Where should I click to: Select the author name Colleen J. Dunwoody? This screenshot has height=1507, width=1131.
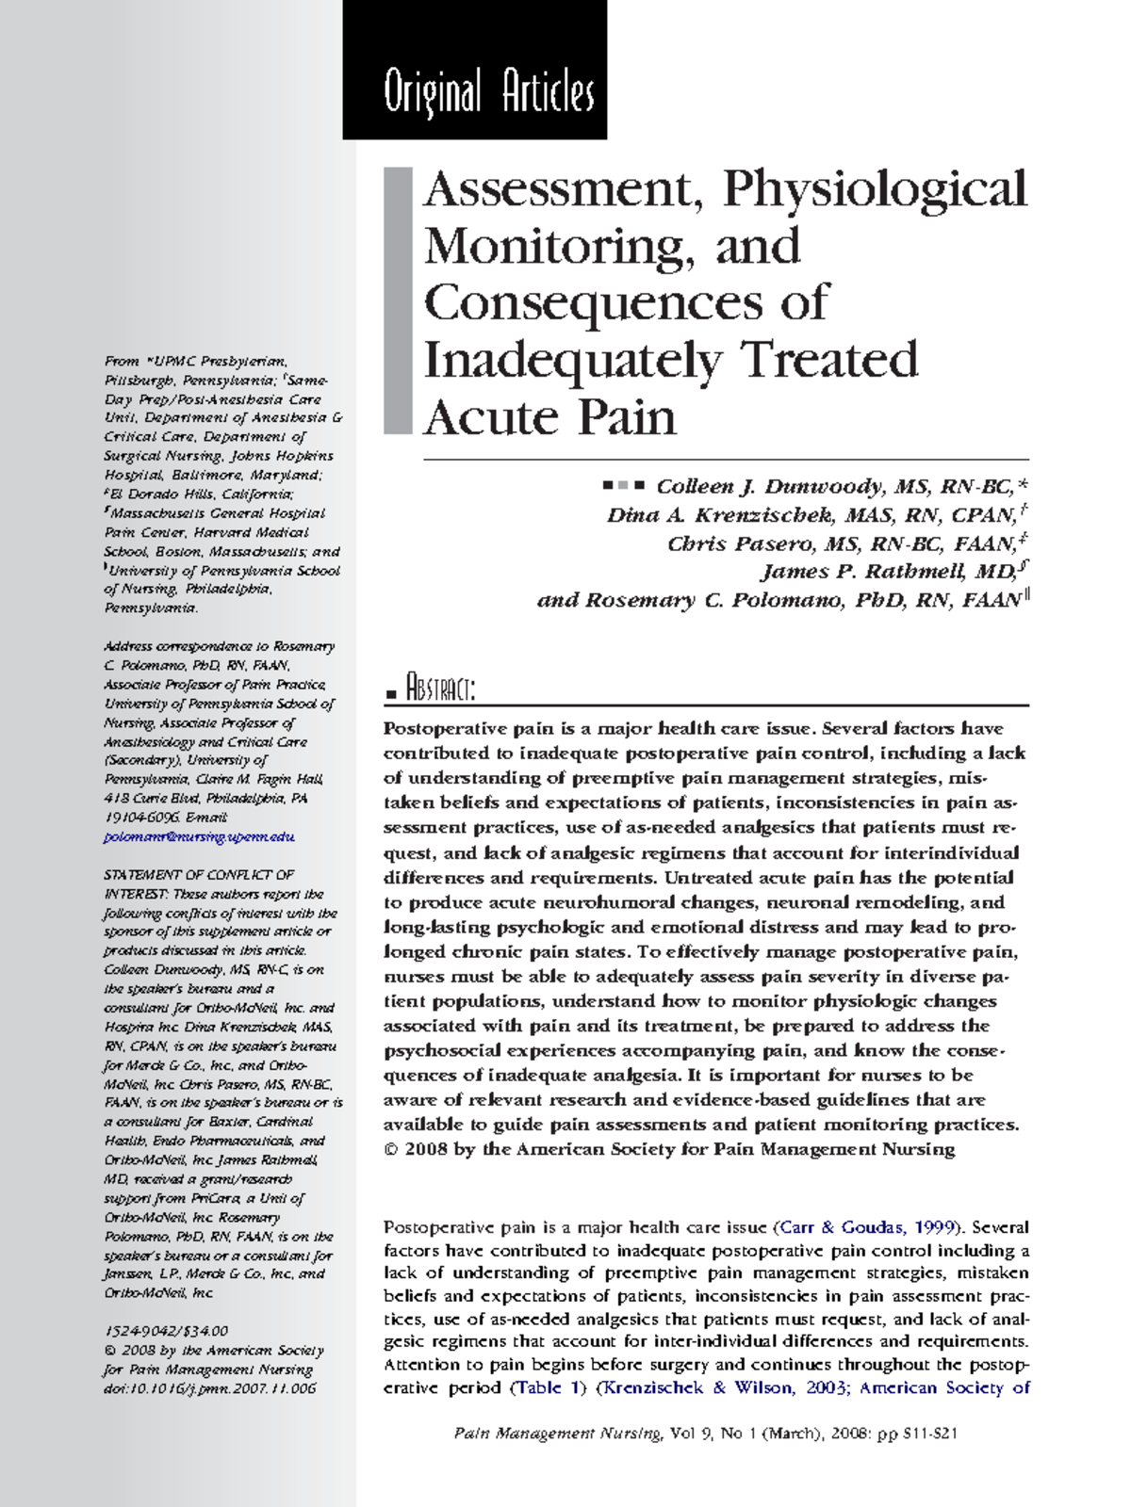coord(769,487)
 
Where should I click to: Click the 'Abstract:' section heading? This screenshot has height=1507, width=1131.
coord(439,689)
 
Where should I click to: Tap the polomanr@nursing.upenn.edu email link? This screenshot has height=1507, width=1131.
coord(199,836)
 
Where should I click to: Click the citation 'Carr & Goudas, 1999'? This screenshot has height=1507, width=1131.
coord(869,1227)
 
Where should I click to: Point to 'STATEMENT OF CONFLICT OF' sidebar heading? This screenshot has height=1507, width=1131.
coord(199,875)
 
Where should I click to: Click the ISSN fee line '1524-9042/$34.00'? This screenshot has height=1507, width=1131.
coord(166,1331)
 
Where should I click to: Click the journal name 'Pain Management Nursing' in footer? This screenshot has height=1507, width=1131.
coord(557,1434)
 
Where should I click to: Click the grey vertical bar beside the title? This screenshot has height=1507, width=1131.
coord(398,300)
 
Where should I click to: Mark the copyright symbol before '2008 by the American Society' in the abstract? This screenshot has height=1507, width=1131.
coord(391,1150)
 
